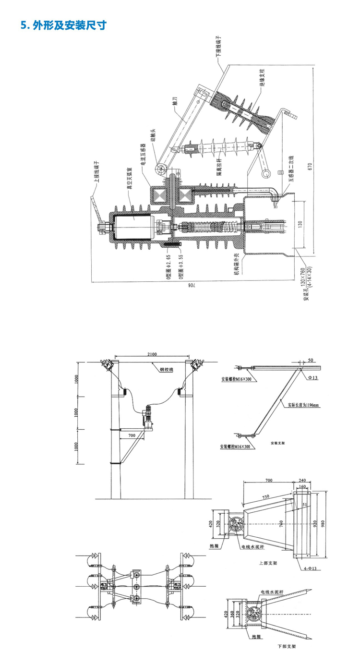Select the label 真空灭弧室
(129, 179)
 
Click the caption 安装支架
(278, 443)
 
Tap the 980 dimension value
(329, 523)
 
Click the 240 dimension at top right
(302, 480)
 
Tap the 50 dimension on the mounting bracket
(311, 359)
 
